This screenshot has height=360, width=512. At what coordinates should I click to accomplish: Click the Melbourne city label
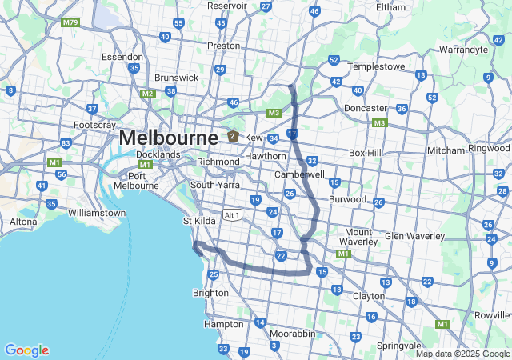168,138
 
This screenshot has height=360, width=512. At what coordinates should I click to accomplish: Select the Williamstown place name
97,214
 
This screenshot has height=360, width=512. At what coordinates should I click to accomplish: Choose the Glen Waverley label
414,236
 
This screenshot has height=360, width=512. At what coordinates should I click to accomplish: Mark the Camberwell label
299,174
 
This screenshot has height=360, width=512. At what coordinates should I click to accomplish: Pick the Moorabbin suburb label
292,333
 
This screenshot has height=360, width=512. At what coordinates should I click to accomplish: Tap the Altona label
23,222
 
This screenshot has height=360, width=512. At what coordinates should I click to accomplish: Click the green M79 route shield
71,22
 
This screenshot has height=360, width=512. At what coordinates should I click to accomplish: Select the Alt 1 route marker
233,215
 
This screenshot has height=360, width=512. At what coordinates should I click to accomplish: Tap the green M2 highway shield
147,94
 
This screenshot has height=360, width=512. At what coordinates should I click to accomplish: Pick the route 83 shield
65,143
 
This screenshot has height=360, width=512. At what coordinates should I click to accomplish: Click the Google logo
26,350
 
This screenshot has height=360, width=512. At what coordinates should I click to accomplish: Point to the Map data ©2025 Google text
461,354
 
